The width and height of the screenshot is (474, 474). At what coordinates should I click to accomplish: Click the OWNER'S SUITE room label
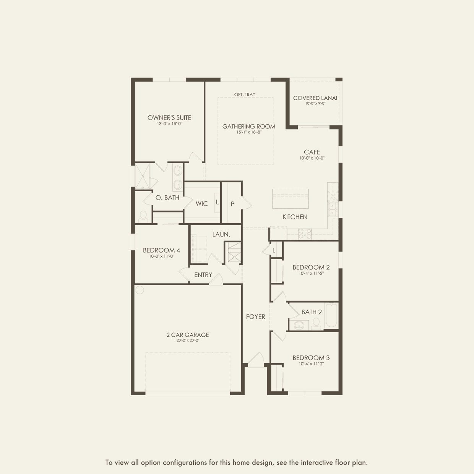169,118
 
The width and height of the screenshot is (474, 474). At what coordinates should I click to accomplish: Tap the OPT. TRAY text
245,94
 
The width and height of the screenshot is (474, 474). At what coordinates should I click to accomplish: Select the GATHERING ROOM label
248,127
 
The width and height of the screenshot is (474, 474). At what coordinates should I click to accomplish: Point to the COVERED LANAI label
315,98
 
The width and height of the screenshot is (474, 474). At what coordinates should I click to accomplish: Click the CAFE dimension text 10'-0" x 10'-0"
312,158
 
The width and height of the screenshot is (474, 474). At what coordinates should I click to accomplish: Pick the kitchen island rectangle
290,198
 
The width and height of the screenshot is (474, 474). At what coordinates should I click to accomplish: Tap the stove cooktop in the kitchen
305,234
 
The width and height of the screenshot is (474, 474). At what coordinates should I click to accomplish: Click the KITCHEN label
295,217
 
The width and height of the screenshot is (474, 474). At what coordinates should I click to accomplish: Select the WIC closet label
202,204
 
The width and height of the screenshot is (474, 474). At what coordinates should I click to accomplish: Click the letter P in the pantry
232,204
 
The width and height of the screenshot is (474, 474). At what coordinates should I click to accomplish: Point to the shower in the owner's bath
143,176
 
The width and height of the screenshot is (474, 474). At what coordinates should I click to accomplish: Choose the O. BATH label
167,198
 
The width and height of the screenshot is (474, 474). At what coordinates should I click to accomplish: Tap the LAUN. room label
221,234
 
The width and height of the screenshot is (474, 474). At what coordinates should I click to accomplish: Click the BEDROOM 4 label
161,250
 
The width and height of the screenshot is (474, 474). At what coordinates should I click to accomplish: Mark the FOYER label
255,317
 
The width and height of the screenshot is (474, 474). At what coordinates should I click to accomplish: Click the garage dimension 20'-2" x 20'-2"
188,340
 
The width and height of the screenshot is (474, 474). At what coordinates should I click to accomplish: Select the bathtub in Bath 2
331,315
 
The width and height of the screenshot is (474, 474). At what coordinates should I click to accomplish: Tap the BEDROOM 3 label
311,358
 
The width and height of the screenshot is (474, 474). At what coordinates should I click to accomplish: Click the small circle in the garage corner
140,290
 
